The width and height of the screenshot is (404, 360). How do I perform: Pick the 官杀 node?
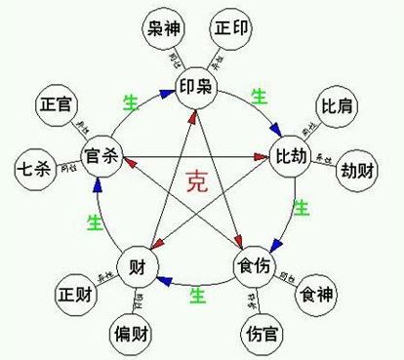[x=102, y=157]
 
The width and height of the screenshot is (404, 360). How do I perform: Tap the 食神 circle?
[x=322, y=293]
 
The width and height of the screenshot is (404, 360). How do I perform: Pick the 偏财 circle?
[x=133, y=332]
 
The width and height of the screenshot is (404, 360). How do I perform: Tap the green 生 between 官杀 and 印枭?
[x=130, y=101]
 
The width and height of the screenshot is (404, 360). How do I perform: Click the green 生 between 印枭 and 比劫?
[x=260, y=96]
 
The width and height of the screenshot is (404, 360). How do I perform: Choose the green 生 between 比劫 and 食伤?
[x=302, y=207]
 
